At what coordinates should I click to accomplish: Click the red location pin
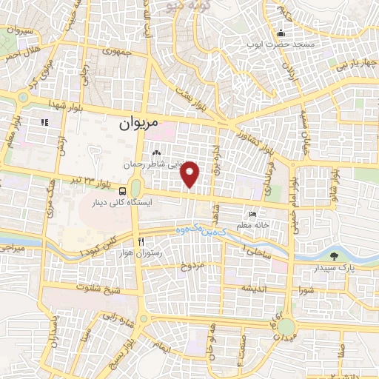191,174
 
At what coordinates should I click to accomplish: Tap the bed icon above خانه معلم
254,215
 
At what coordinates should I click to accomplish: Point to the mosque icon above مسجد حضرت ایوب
281,33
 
